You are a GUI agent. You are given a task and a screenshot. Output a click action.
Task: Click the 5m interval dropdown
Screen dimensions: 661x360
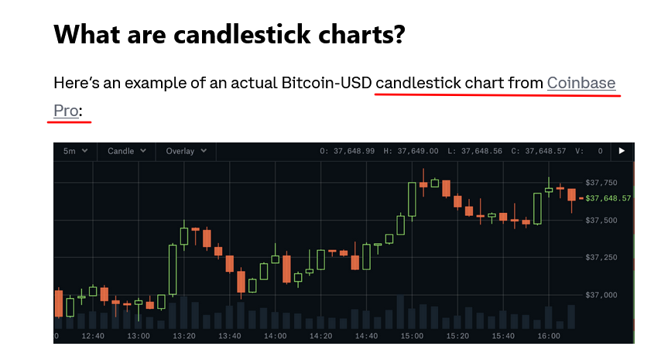coord(75,151)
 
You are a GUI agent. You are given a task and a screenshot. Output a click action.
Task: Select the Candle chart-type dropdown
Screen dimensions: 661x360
coord(126,151)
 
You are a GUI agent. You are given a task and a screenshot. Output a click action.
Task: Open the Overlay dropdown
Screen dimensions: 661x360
coord(186,151)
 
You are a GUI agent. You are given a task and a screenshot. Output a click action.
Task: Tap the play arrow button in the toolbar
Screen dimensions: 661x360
coord(622,151)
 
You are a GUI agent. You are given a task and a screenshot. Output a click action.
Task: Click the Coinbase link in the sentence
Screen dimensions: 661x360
coord(581,83)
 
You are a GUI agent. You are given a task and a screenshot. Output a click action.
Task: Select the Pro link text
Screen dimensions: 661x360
coord(66,111)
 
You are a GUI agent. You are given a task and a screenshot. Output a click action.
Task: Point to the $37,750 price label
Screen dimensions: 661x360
coord(601,183)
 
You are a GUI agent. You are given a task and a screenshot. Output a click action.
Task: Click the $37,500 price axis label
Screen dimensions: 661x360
coord(601,220)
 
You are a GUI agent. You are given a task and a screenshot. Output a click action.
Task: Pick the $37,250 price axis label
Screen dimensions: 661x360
coord(601,257)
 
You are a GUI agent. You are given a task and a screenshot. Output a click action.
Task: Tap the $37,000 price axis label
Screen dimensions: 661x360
coord(601,295)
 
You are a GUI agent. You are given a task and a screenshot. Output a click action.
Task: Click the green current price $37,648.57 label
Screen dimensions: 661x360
coord(608,198)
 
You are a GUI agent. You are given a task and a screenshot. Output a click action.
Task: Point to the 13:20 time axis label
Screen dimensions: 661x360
coord(184,336)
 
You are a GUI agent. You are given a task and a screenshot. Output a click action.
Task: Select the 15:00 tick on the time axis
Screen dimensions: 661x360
coord(412,336)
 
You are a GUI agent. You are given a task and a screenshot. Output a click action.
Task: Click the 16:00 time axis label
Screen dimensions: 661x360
coord(549,336)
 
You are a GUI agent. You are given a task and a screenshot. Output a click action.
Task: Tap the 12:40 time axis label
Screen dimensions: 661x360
coord(93,336)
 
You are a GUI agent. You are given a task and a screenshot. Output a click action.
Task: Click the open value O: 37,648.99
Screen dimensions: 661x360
coord(347,151)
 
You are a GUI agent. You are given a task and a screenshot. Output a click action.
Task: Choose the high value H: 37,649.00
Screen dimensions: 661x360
coord(410,151)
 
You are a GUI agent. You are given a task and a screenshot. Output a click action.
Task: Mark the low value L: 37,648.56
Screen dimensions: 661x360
coord(474,151)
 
